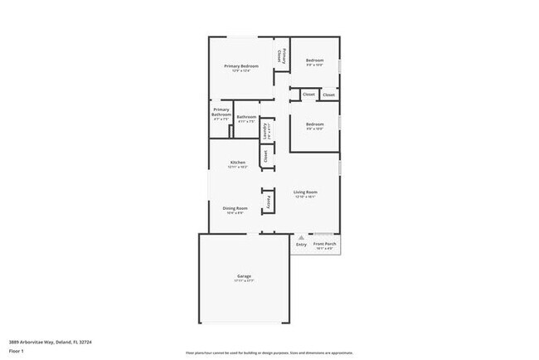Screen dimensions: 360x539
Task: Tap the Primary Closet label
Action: point(282,56)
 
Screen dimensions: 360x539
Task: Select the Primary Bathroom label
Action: point(221,112)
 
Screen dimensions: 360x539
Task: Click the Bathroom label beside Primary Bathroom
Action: point(246,117)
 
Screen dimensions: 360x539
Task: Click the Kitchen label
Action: point(238,162)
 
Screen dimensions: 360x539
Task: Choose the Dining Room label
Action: point(235,208)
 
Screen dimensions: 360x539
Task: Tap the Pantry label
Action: point(269,202)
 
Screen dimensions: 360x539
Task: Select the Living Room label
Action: point(305,192)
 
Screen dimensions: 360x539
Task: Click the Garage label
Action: point(244,275)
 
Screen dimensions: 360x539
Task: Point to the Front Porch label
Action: point(324,244)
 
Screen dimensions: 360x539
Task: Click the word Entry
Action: point(301,245)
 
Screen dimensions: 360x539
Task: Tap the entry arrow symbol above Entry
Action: point(301,238)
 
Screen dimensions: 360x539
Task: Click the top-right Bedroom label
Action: point(314,61)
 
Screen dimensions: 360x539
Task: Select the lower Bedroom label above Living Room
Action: point(314,124)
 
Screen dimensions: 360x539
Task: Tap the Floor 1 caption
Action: point(16,351)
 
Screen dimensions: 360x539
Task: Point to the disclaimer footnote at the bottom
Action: point(269,352)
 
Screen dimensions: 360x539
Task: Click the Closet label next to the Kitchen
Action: point(265,154)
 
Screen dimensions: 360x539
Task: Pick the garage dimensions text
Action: point(244,280)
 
